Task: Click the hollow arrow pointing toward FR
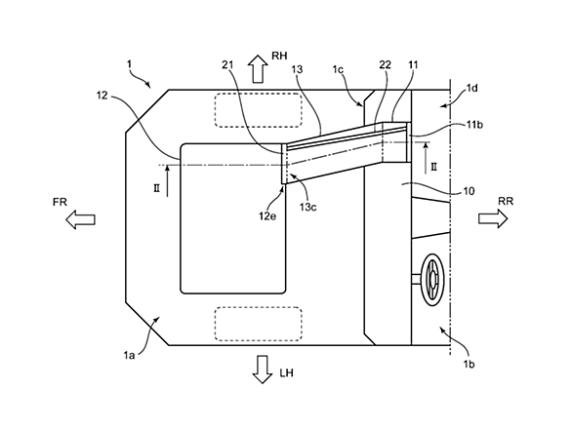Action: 80,219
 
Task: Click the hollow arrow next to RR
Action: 493,218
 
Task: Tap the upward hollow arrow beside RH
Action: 258,69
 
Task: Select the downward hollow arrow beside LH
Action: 263,370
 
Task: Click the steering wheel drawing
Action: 432,280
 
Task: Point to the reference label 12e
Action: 267,215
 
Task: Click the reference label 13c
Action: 307,207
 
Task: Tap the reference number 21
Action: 227,65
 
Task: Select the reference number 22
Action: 386,64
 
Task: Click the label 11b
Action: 474,125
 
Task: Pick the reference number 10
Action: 469,191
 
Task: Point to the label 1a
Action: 129,354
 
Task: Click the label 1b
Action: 469,364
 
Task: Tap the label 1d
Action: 472,88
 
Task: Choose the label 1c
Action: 338,69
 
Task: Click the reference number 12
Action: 102,96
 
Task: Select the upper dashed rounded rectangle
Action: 259,110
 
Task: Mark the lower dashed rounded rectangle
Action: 259,324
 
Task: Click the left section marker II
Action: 156,189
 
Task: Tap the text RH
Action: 279,56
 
